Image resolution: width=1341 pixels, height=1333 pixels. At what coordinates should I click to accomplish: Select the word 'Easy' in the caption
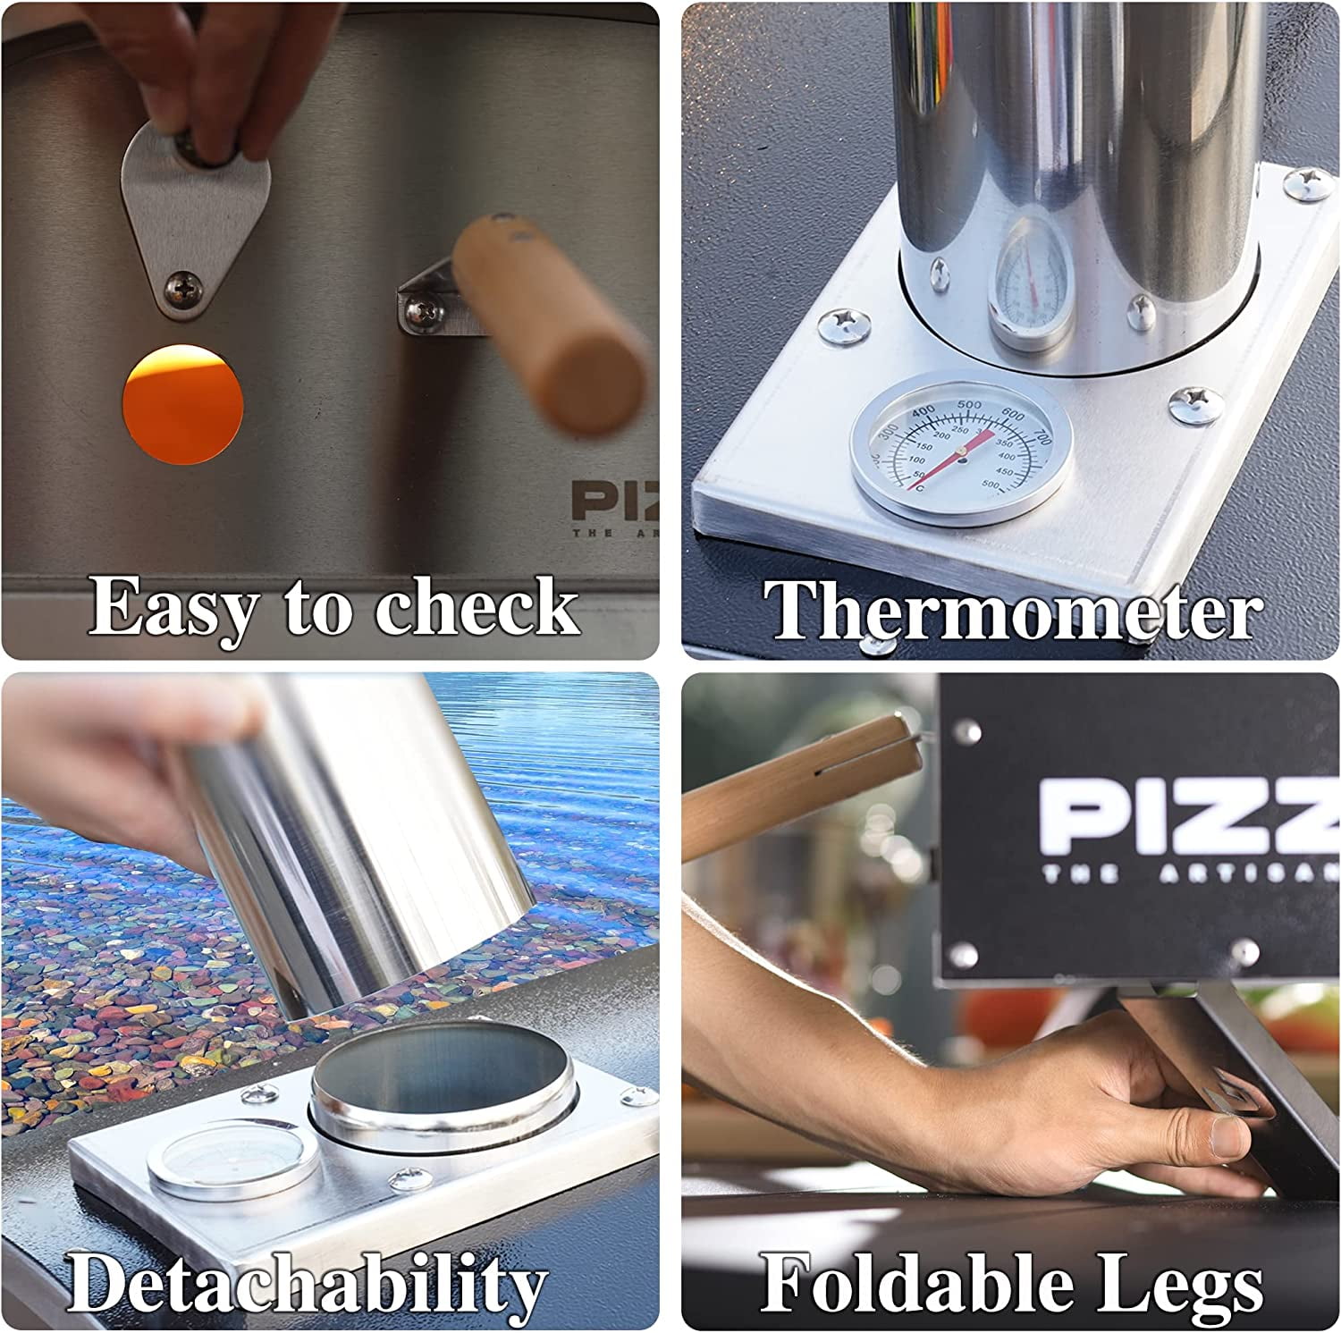pyautogui.click(x=173, y=609)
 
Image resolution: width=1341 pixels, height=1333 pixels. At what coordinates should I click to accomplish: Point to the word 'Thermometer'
pyautogui.click(x=1013, y=610)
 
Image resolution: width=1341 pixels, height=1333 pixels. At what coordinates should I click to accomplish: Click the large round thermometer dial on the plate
pyautogui.click(x=961, y=448)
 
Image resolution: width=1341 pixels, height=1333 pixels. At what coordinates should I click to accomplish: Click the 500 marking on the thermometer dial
pyautogui.click(x=969, y=405)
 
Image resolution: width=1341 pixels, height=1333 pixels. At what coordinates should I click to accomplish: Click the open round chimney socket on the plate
pyautogui.click(x=443, y=1083)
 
